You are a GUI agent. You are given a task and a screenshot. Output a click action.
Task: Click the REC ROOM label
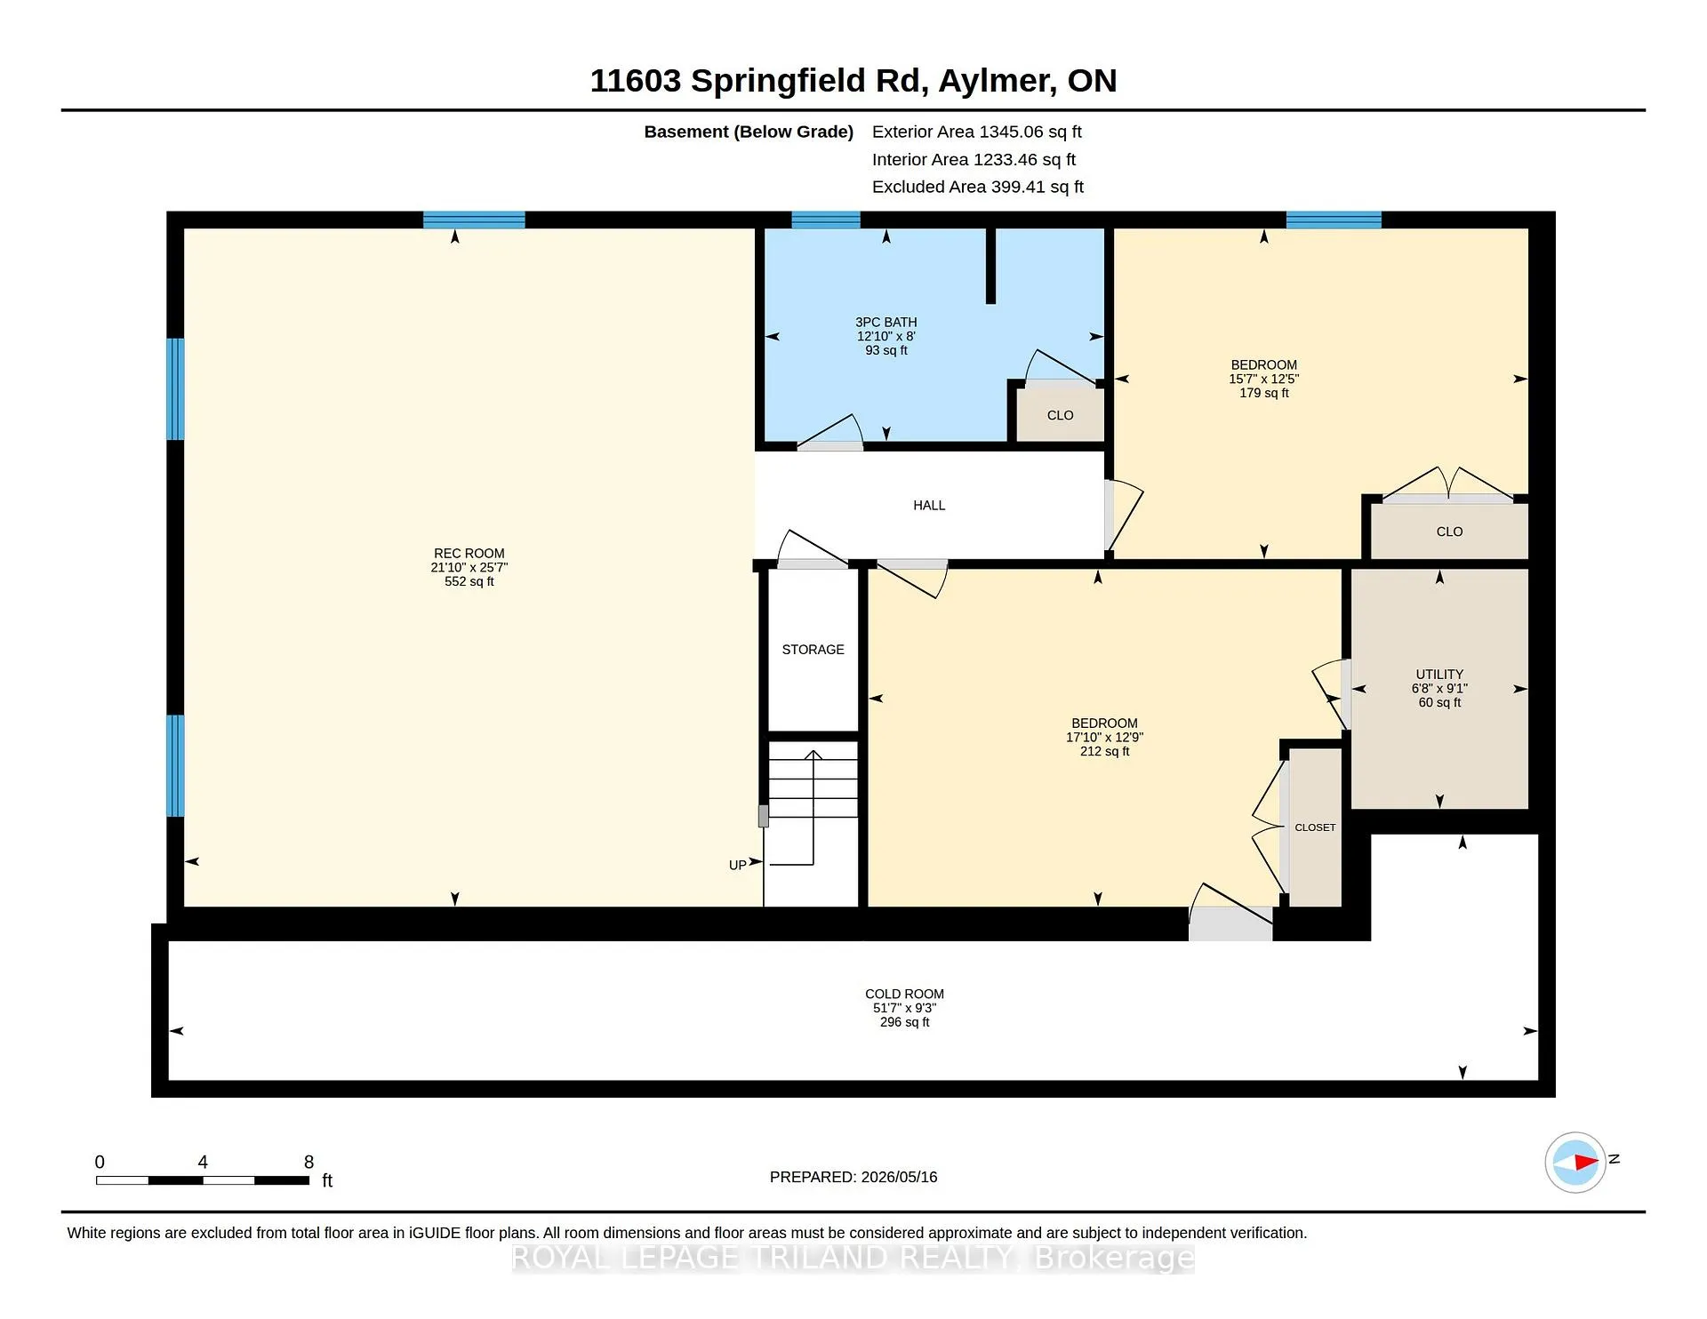[x=469, y=553]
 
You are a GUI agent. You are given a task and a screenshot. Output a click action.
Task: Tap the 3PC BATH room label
[x=886, y=322]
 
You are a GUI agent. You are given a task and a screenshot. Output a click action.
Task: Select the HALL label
[x=929, y=505]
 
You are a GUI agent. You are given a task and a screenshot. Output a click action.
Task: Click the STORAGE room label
[x=813, y=650]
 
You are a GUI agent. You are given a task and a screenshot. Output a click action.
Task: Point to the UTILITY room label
[x=1439, y=674]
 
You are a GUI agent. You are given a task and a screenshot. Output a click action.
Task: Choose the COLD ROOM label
[x=904, y=994]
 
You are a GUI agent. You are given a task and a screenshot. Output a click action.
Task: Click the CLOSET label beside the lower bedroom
[x=1315, y=827]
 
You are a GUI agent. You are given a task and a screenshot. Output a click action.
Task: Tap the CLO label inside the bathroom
[x=1060, y=415]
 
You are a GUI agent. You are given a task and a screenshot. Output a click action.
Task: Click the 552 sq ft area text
[x=469, y=581]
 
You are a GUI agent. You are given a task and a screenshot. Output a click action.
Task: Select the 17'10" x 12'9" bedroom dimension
[x=1104, y=737]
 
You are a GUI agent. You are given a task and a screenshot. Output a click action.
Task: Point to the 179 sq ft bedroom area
[x=1263, y=393]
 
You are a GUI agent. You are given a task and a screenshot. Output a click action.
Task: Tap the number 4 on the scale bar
[x=203, y=1162]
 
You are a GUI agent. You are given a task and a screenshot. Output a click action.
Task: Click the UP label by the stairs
[x=737, y=865]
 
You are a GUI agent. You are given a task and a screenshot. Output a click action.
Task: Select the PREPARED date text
[x=853, y=1177]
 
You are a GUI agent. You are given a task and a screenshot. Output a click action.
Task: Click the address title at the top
[x=853, y=81]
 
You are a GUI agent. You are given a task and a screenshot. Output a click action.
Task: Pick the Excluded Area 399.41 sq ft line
[x=978, y=187]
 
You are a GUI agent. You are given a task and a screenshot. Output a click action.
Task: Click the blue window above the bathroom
[x=826, y=220]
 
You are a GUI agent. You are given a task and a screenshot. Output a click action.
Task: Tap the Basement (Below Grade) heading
[x=749, y=132]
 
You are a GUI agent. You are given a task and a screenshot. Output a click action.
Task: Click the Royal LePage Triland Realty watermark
[x=853, y=1258]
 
